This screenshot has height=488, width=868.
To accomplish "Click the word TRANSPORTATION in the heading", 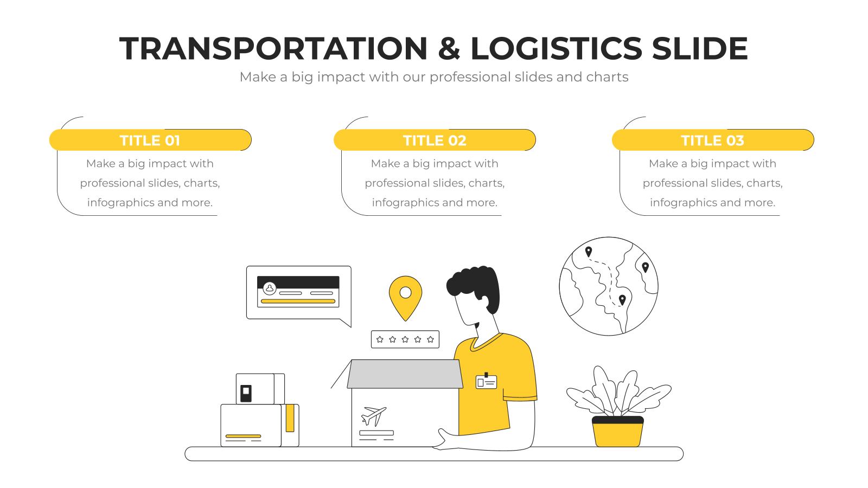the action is pos(273,48).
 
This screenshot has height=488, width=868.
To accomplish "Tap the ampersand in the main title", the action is pos(449,48).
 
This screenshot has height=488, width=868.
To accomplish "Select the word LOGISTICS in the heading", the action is pos(557,48).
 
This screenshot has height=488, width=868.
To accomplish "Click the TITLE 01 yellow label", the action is pos(150,140).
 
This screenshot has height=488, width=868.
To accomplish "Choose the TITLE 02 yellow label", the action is pos(435,140).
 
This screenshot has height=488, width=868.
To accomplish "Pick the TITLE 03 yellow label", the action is pos(713,140).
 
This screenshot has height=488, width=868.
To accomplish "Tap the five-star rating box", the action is pos(405,339).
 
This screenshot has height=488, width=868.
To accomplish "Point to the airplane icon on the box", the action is pos(374,416).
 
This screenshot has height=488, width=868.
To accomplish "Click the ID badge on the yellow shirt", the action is pos(486,381).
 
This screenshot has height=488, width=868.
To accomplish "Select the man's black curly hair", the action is pos(475,285).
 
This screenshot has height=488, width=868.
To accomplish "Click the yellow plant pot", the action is pos(618,432).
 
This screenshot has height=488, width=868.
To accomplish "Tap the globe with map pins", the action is pos(608,286).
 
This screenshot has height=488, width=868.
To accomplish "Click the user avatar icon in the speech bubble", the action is pos(269,288).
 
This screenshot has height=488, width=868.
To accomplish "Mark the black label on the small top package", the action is pos(246,394).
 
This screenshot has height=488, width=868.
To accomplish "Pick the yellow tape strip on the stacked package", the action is pos(290,418).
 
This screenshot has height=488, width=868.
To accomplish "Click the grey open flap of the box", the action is pos(405,374).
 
